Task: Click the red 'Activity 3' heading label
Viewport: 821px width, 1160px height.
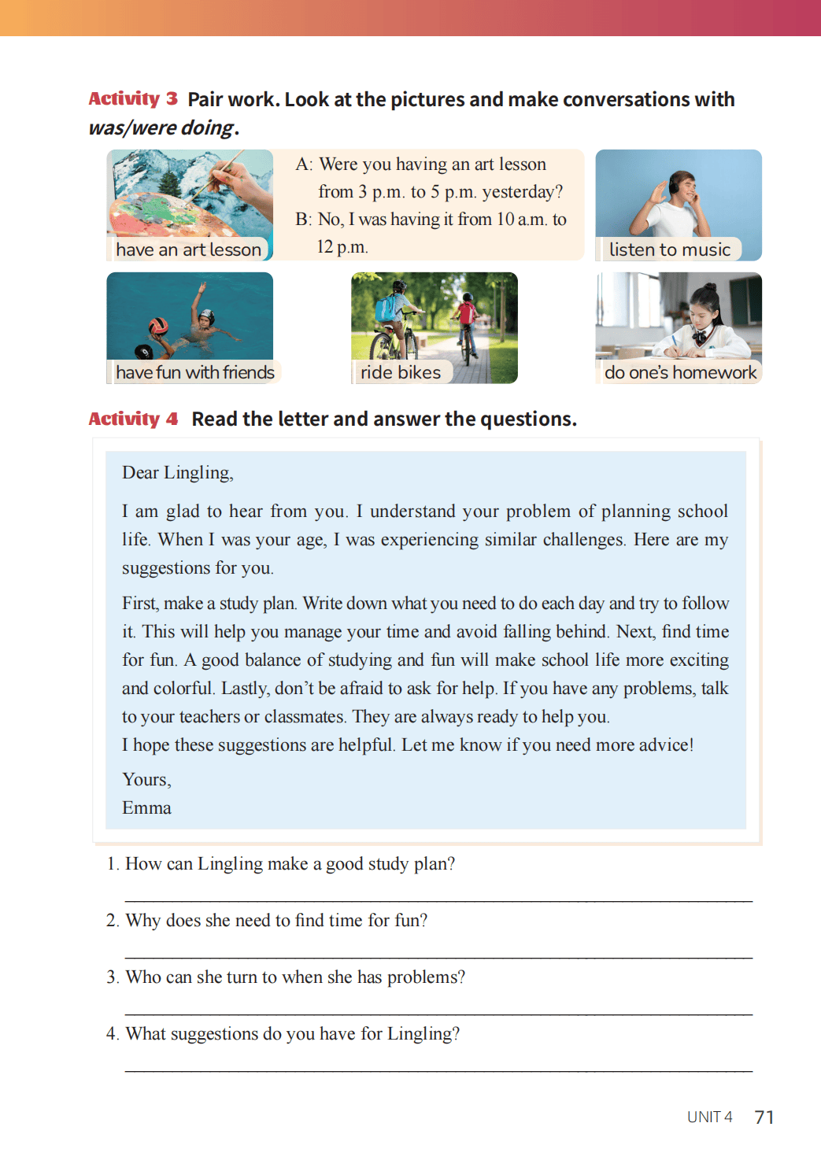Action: click(x=133, y=99)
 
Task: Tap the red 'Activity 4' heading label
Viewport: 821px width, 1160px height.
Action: click(x=133, y=419)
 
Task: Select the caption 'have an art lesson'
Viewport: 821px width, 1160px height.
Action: click(x=188, y=249)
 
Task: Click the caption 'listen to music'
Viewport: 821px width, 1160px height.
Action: click(x=670, y=249)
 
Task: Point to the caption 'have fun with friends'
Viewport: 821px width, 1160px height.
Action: click(x=194, y=372)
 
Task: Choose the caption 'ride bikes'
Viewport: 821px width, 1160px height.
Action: click(x=401, y=372)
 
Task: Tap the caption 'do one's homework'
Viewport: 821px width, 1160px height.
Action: click(x=680, y=372)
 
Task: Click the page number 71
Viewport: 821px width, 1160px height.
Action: click(x=764, y=1118)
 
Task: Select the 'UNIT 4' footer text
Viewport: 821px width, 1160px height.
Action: click(x=709, y=1118)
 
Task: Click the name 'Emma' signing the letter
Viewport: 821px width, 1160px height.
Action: click(x=146, y=808)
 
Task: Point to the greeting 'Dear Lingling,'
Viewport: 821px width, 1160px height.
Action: click(x=178, y=473)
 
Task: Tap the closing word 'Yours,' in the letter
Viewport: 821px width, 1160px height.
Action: click(x=146, y=780)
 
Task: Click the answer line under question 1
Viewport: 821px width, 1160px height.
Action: click(x=438, y=900)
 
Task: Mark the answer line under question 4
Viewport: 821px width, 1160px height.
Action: click(x=438, y=1069)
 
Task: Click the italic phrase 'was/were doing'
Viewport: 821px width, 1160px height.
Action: click(x=161, y=127)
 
